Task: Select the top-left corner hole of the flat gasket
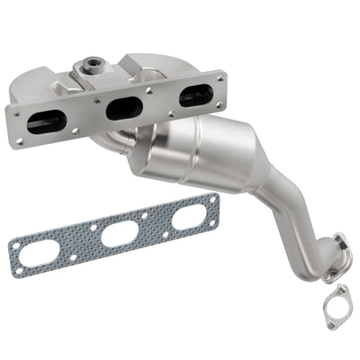click(13, 240)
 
